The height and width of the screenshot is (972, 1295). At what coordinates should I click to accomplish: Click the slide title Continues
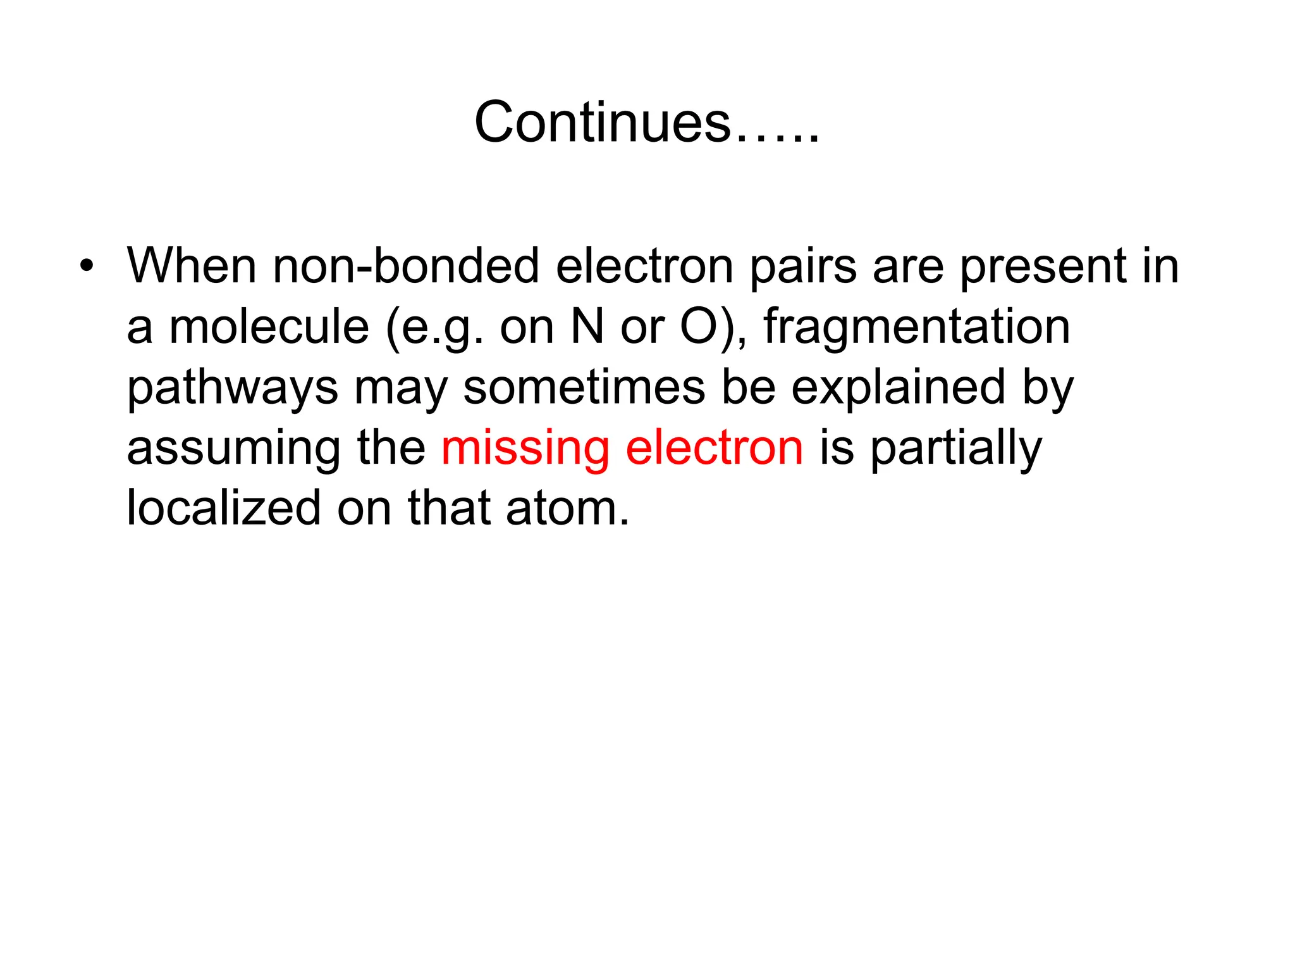point(646,122)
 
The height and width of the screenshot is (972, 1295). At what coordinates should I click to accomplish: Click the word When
point(192,266)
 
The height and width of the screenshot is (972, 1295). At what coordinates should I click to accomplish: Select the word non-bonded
point(406,266)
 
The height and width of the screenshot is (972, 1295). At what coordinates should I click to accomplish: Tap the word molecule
point(269,327)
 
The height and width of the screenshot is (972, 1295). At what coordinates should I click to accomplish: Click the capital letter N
point(587,327)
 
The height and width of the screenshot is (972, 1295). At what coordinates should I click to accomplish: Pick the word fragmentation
point(917,328)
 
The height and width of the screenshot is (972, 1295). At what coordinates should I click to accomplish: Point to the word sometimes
point(584,387)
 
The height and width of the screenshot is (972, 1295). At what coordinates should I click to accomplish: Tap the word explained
point(898,389)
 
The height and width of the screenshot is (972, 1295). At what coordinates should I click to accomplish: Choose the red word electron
point(715,448)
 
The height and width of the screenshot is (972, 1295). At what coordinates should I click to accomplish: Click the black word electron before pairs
point(644,266)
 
